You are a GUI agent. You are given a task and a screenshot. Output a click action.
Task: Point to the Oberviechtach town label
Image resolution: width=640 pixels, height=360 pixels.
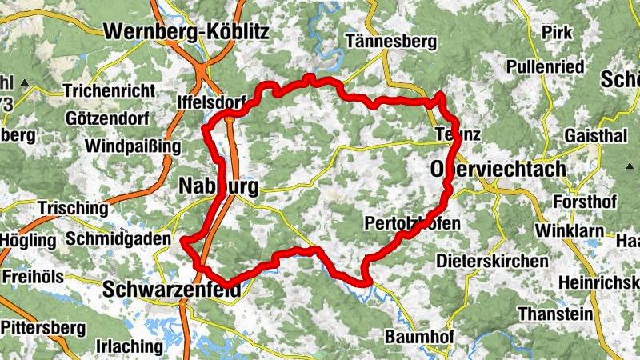pyautogui.click(x=498, y=169)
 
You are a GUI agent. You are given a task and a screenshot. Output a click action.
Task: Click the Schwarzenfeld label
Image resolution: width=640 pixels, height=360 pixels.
pyautogui.click(x=172, y=292)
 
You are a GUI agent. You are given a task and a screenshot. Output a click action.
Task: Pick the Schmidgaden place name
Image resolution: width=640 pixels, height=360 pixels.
pyautogui.click(x=119, y=238)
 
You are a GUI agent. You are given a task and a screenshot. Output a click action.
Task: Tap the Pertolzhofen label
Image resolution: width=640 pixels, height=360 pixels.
pyautogui.click(x=411, y=223)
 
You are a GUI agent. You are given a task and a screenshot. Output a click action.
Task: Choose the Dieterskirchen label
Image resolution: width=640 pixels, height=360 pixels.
pyautogui.click(x=492, y=261)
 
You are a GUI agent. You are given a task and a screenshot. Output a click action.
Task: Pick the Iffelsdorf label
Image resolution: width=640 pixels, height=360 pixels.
pyautogui.click(x=210, y=102)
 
